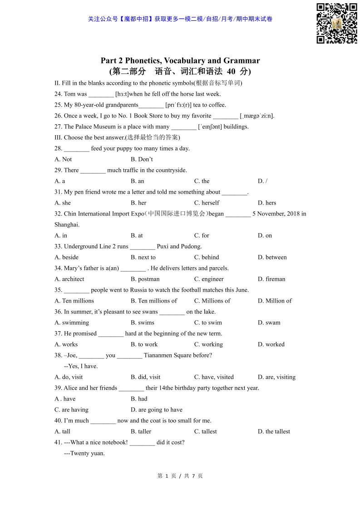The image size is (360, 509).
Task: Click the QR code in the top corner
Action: click(x=337, y=23)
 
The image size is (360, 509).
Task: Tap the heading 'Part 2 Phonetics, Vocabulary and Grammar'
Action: click(x=180, y=61)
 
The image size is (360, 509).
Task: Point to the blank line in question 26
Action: click(x=226, y=116)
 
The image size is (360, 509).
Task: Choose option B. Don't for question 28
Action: click(x=142, y=160)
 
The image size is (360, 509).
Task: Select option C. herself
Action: click(x=207, y=203)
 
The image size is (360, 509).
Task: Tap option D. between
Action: click(x=272, y=258)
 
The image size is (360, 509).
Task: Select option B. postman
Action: click(x=145, y=279)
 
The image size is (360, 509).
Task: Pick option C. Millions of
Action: click(x=212, y=301)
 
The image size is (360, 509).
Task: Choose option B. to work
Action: click(x=144, y=345)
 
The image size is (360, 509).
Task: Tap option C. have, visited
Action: click(x=214, y=377)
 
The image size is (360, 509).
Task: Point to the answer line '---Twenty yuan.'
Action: click(x=84, y=454)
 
